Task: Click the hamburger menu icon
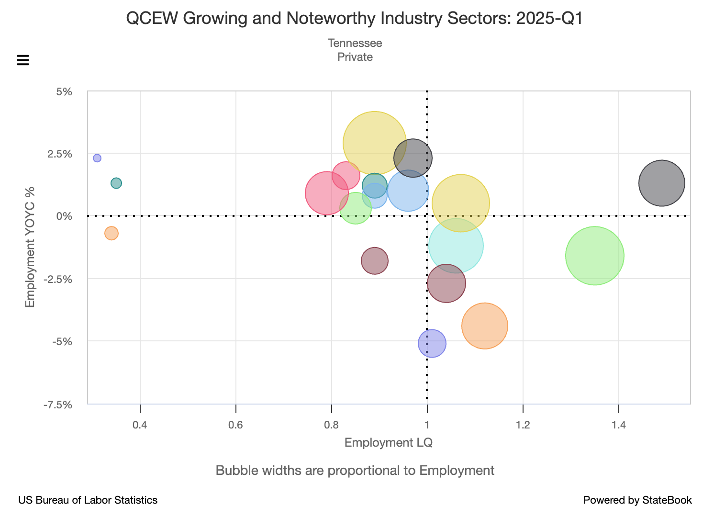(23, 60)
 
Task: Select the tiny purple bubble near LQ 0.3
(97, 158)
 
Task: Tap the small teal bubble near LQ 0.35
(116, 183)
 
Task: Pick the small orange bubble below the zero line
(111, 233)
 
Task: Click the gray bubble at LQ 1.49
(662, 183)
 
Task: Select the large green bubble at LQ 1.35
(595, 256)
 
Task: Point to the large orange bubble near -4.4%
(485, 326)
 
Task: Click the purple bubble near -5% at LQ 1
(432, 343)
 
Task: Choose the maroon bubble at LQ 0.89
(375, 261)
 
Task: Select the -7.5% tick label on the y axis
(58, 405)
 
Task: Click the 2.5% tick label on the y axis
(60, 154)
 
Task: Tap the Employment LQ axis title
(389, 442)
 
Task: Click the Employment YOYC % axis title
(30, 247)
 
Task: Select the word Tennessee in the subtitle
(355, 43)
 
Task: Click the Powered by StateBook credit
(637, 500)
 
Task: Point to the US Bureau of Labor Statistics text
(88, 500)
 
